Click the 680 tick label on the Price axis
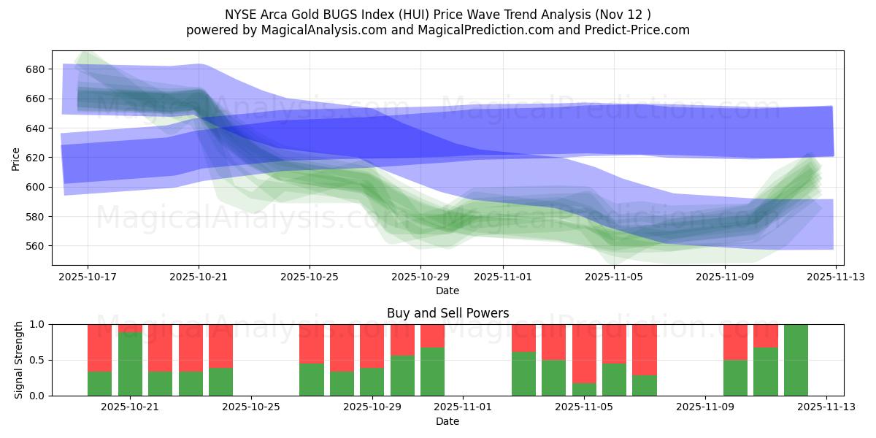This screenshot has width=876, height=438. point(36,69)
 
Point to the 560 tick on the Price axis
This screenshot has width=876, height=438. point(36,246)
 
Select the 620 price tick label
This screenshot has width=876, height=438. point(36,158)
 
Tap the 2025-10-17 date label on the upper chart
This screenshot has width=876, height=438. point(88,277)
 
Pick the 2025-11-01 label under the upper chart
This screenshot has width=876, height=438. point(502,277)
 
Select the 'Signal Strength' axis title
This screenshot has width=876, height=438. point(19,360)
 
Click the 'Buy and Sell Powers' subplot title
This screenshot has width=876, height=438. point(447,314)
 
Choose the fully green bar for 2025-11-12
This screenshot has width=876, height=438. point(796,360)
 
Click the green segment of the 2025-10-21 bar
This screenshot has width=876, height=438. point(130,365)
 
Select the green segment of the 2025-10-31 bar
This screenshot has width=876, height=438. point(432,372)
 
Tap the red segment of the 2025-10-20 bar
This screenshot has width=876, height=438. point(99,347)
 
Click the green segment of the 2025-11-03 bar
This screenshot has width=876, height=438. point(523,374)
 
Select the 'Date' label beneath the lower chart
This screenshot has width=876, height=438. point(447,422)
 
